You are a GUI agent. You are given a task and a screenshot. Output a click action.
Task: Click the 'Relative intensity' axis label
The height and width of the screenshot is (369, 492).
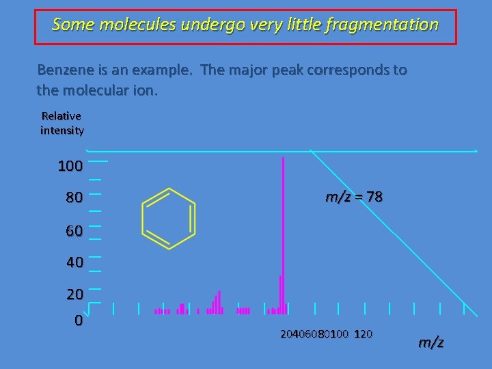point(61,123)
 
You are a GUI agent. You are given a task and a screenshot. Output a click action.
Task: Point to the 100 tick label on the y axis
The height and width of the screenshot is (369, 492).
point(70,166)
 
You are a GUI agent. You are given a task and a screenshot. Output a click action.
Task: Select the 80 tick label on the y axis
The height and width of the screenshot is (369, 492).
point(74,198)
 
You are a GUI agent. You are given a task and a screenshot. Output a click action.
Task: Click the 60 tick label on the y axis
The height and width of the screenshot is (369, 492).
point(74,231)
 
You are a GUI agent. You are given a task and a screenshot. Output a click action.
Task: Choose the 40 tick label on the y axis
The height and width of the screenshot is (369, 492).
point(74,262)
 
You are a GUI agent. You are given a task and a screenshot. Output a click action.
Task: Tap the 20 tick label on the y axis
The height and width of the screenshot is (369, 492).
point(74,295)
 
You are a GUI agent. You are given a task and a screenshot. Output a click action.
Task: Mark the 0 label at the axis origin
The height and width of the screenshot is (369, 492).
point(79,320)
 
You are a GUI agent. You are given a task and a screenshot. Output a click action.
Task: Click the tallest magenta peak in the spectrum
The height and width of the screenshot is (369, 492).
point(283,232)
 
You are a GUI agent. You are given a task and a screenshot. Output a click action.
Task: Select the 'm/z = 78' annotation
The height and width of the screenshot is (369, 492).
point(354,197)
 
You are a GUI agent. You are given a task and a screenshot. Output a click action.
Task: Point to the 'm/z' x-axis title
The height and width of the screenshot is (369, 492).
point(430,342)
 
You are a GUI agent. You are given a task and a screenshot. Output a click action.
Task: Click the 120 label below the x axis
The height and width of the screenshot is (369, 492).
point(364,334)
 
